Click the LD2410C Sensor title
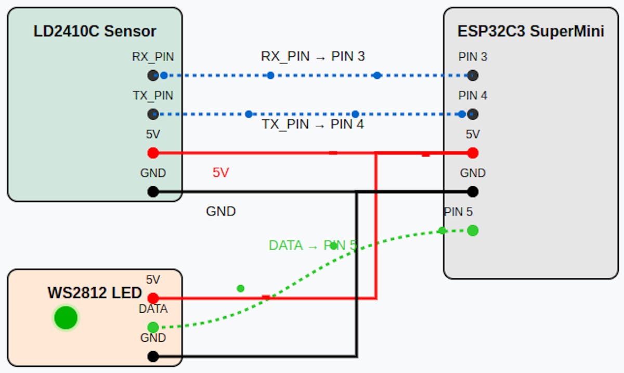[x=95, y=31]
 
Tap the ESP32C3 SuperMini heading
[x=530, y=31]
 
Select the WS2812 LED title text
[x=95, y=293]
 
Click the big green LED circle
[x=66, y=318]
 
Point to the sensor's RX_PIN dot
[x=153, y=75]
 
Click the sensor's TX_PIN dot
[x=153, y=114]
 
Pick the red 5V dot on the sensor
[x=153, y=153]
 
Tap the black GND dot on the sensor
[x=153, y=191]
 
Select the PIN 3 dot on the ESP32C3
[x=473, y=75]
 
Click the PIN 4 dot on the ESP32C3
[x=473, y=114]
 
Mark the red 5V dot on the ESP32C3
[x=473, y=153]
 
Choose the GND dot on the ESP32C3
[x=473, y=191]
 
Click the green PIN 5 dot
[x=473, y=230]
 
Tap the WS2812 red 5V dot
[x=153, y=298]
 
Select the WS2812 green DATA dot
[x=153, y=327]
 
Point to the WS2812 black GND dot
[x=153, y=356]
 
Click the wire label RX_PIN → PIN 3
[x=313, y=57]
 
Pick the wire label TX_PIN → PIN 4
[x=313, y=124]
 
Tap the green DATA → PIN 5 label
[x=313, y=246]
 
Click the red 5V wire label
[x=220, y=173]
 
